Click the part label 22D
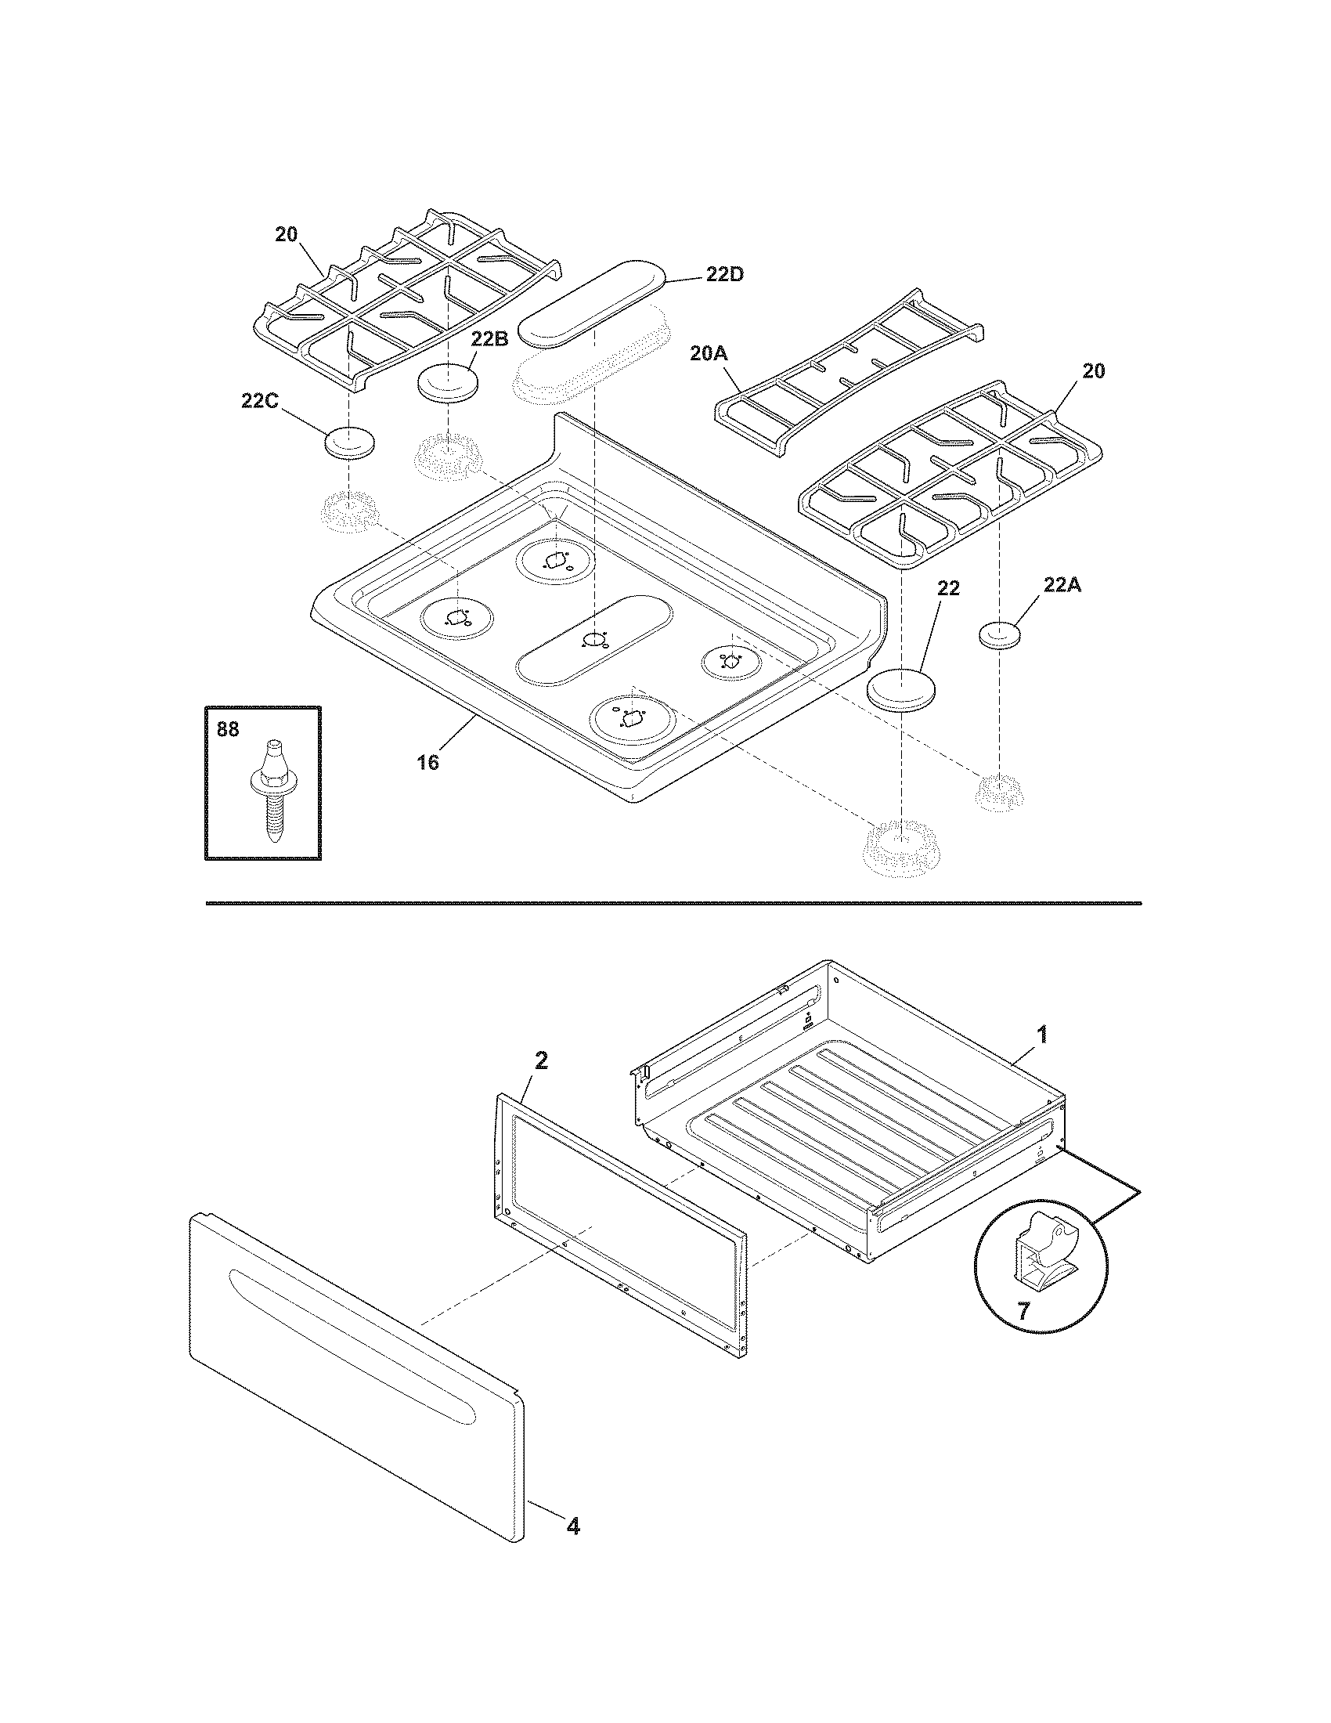click(x=724, y=275)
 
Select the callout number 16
click(x=427, y=763)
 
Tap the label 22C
click(x=259, y=401)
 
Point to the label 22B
click(x=489, y=338)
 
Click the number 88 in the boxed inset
click(x=227, y=730)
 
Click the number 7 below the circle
click(x=1023, y=1312)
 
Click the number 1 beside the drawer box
click(x=1041, y=1035)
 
